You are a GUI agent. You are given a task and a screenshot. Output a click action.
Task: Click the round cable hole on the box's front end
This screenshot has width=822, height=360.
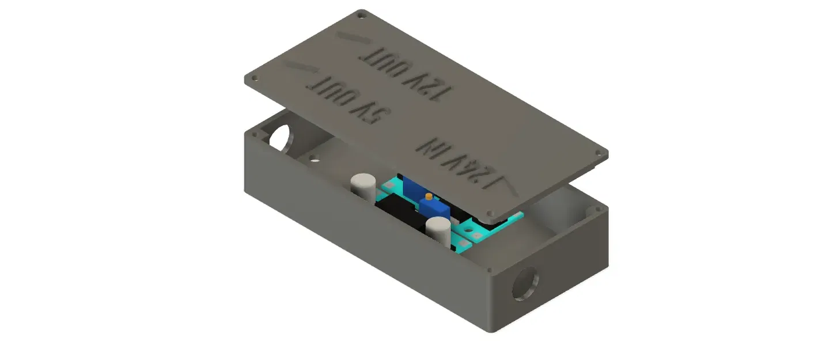[x=525, y=283]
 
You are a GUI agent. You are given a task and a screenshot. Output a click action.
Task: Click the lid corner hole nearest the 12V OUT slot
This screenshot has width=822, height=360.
[x=361, y=13]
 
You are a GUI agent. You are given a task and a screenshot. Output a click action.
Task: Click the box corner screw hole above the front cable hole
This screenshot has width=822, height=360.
[x=490, y=268]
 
